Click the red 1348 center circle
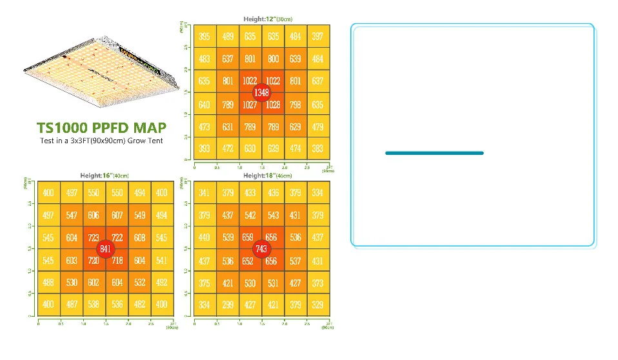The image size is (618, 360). pos(261,92)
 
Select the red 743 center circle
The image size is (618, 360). pos(261,248)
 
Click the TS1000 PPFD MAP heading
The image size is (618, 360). pos(101,127)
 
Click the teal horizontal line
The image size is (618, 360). pos(434,153)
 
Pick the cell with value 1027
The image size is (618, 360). pos(250,105)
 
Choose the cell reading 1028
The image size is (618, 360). pos(273,105)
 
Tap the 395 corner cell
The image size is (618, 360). pos(204,37)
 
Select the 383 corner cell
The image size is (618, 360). pos(317,149)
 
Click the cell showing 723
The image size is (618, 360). pos(94,238)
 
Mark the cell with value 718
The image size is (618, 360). pos(117,261)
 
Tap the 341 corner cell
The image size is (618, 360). pos(204,193)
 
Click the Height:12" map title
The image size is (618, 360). pos(268,19)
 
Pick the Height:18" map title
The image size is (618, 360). pos(268,175)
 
